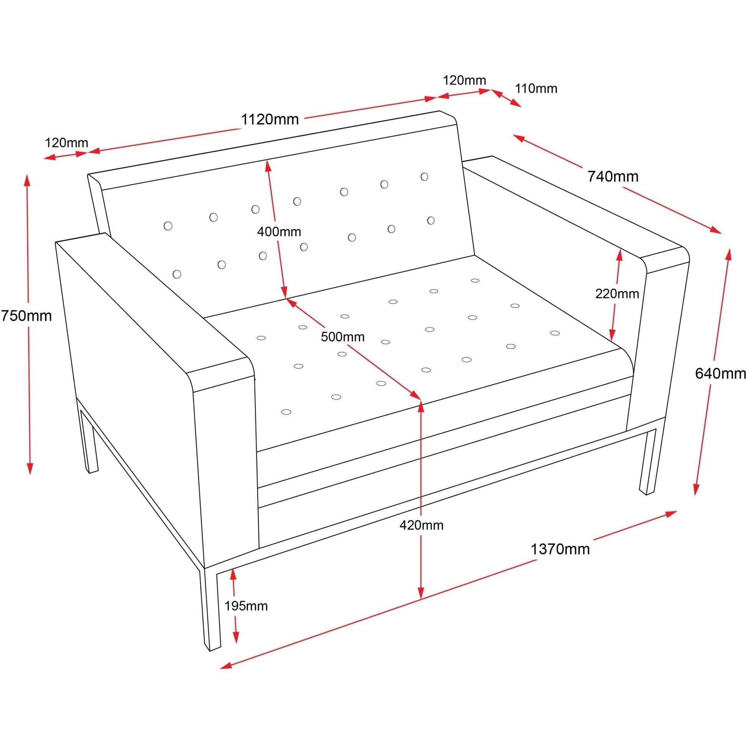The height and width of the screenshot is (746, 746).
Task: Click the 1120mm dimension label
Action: tap(270, 119)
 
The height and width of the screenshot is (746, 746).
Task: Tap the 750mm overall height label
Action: tap(25, 316)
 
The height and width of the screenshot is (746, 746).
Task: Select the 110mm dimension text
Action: tap(536, 89)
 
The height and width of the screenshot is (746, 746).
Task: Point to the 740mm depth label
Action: tap(613, 176)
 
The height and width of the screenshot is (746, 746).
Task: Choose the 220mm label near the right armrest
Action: tap(617, 294)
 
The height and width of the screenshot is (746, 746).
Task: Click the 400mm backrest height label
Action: tap(279, 232)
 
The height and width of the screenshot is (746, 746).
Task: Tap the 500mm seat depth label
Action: tap(342, 337)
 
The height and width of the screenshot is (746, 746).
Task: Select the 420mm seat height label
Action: tap(421, 525)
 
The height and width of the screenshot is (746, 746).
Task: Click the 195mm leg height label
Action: tap(246, 606)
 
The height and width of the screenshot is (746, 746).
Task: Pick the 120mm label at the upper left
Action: tap(66, 143)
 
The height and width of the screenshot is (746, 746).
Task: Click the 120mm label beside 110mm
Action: tap(464, 81)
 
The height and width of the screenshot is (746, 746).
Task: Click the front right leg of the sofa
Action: tap(648, 462)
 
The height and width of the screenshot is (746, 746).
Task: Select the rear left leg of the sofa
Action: tap(89, 440)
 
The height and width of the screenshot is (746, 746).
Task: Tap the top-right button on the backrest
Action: tap(424, 177)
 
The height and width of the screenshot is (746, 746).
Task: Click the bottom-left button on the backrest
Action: tap(177, 274)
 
